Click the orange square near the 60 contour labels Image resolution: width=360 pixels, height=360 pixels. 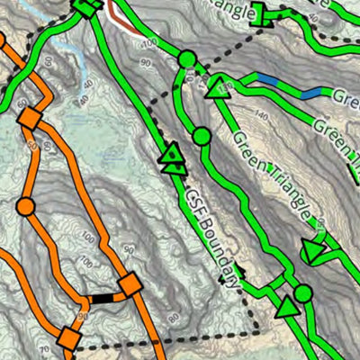(30, 118)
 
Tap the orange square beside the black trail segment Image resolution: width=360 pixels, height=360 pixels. (130, 285)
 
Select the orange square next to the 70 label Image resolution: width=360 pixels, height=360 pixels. (67, 339)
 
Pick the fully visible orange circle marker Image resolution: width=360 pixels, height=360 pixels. (25, 207)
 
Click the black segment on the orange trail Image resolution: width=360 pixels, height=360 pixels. (103, 297)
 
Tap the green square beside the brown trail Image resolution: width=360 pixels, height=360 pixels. (85, 8)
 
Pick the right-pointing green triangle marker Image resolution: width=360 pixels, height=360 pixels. (314, 251)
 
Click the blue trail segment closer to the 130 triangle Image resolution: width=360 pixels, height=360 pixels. (267, 80)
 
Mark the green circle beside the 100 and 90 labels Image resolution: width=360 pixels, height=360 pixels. (186, 59)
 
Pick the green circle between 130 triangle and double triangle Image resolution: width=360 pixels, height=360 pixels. (202, 137)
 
